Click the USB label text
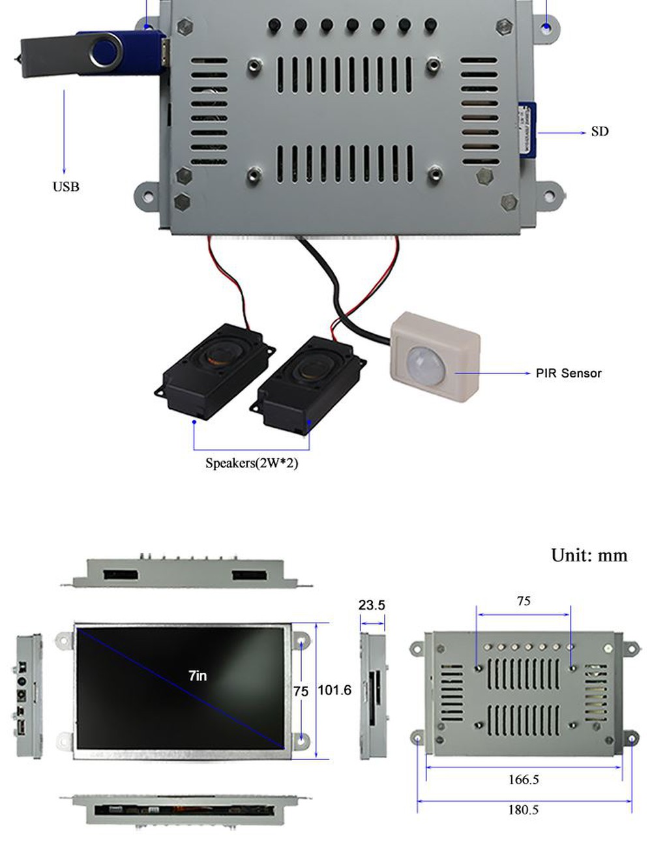pos(66,187)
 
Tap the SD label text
pos(599,132)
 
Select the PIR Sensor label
pos(568,374)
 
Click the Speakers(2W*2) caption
pos(252,464)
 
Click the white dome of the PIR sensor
pos(424,362)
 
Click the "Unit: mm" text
pos(589,555)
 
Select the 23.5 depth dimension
pos(372,605)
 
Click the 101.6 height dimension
pos(334,690)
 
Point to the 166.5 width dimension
pos(523,780)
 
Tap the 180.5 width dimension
pos(523,810)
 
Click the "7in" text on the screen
pos(198,676)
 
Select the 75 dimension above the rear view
pos(524,601)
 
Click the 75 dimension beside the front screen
pos(301,691)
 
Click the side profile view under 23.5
pos(373,695)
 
